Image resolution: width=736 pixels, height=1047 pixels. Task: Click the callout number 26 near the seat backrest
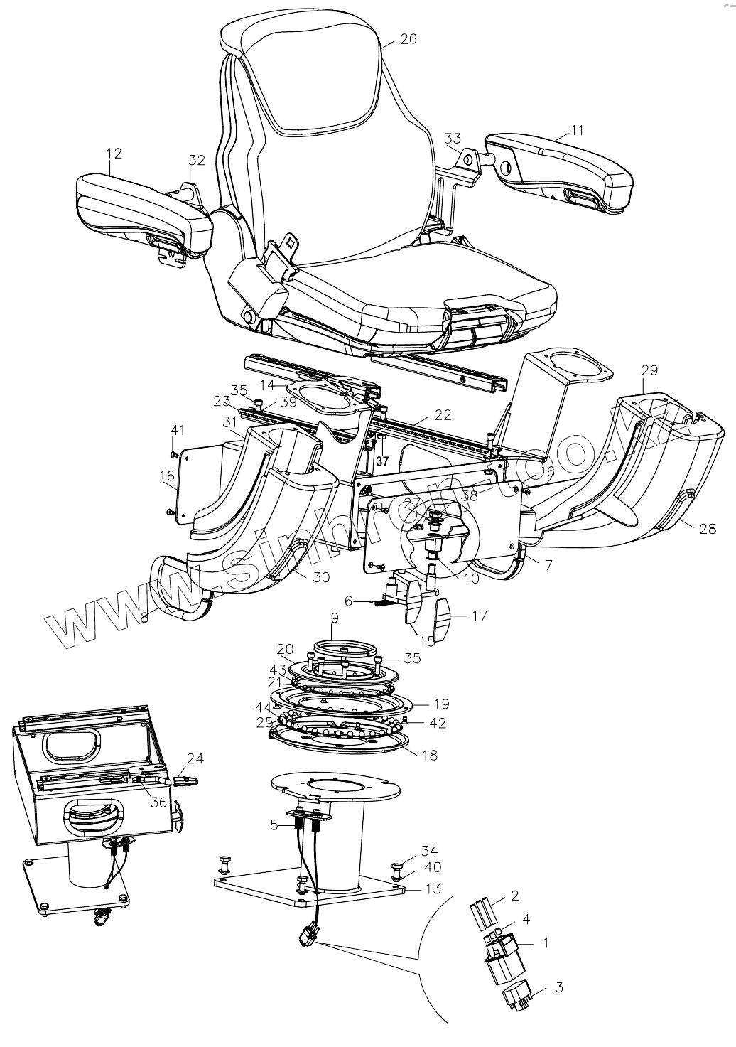(x=408, y=39)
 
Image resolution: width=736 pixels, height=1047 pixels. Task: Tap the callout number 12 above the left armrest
(x=114, y=153)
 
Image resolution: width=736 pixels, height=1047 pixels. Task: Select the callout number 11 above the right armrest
(x=576, y=131)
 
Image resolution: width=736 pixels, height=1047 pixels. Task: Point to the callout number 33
(x=453, y=138)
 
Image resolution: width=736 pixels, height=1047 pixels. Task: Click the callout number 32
(x=197, y=160)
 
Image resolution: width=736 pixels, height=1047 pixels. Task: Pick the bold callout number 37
(x=383, y=461)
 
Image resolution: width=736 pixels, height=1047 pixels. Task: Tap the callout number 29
(x=649, y=370)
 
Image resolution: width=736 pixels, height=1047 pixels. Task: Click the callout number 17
(x=480, y=616)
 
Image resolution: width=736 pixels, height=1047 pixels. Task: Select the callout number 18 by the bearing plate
(x=429, y=754)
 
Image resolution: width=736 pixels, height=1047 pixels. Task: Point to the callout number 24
(x=195, y=758)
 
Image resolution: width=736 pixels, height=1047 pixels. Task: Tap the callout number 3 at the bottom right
(x=559, y=987)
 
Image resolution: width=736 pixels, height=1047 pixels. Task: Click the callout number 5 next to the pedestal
(x=274, y=825)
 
